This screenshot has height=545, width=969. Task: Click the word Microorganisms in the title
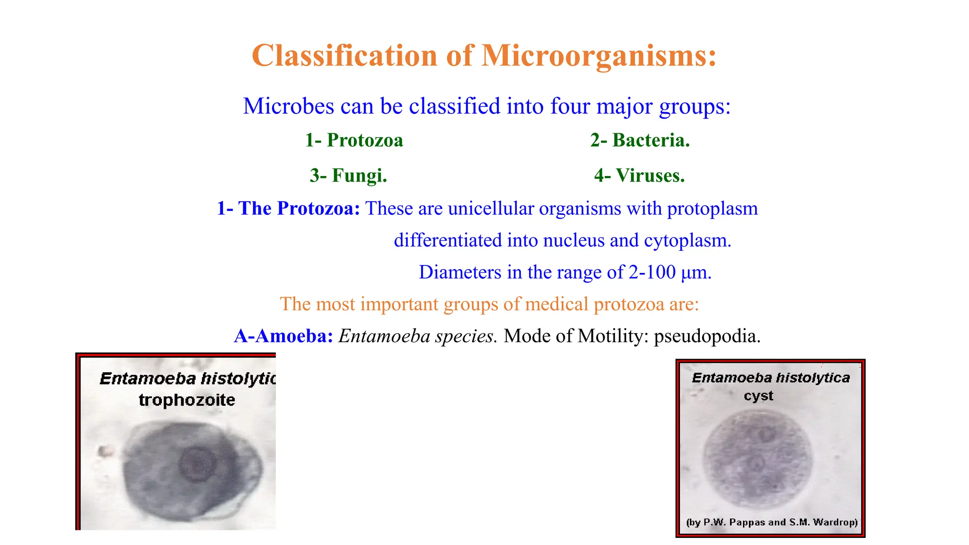click(x=599, y=56)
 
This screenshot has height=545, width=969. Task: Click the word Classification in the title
click(x=344, y=56)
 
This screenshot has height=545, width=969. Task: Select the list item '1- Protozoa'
click(x=354, y=140)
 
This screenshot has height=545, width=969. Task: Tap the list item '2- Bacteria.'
click(x=640, y=140)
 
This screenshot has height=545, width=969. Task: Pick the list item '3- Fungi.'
click(x=348, y=176)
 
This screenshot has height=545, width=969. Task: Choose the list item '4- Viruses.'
click(x=639, y=176)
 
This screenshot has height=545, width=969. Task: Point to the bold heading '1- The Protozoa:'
click(x=288, y=209)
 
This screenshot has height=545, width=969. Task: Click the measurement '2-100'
click(x=652, y=272)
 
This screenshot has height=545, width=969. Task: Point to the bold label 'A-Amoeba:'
click(x=283, y=336)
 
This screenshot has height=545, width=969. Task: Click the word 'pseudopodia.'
click(x=707, y=336)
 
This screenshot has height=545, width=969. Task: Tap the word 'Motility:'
click(x=613, y=336)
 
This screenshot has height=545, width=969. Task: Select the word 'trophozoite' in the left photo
click(x=187, y=400)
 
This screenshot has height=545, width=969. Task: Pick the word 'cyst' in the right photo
click(x=758, y=396)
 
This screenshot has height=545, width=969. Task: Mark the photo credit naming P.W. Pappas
click(x=772, y=522)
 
